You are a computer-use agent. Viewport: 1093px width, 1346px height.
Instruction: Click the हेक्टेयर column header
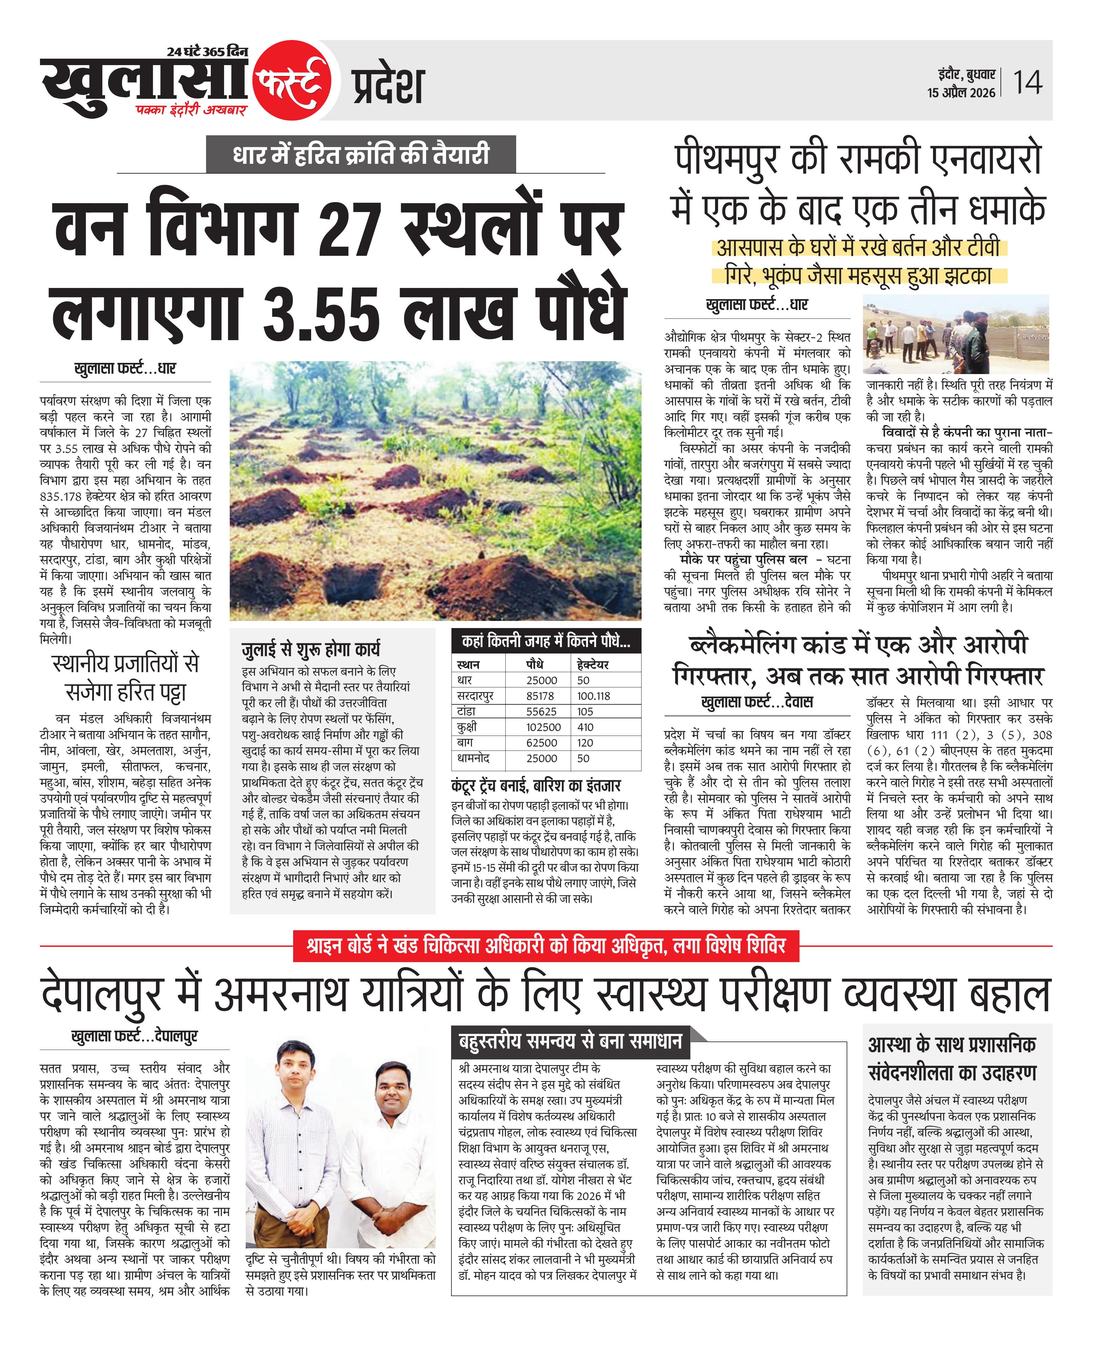point(592,664)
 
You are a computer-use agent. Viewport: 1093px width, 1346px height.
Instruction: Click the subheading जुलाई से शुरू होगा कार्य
point(311,649)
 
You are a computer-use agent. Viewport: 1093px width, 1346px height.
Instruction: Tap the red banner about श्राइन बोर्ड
point(546,946)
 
